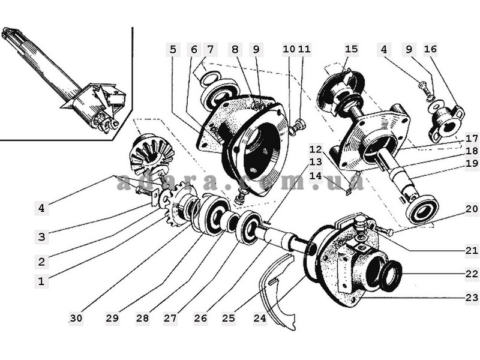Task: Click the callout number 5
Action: pyautogui.click(x=173, y=49)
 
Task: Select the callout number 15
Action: pyautogui.click(x=351, y=49)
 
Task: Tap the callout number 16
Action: pyautogui.click(x=430, y=49)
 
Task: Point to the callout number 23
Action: pyautogui.click(x=472, y=297)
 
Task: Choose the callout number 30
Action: pyautogui.click(x=77, y=319)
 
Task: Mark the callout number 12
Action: pyautogui.click(x=316, y=149)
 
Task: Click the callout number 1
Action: pyautogui.click(x=41, y=281)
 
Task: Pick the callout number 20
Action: pyautogui.click(x=472, y=209)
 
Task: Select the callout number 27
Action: pyautogui.click(x=170, y=319)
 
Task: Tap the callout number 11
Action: pyautogui.click(x=304, y=49)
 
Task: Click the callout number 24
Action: pyautogui.click(x=260, y=319)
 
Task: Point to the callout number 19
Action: pyautogui.click(x=472, y=163)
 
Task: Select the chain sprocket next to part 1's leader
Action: pyautogui.click(x=177, y=203)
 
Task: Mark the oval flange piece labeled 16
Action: pyautogui.click(x=445, y=123)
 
